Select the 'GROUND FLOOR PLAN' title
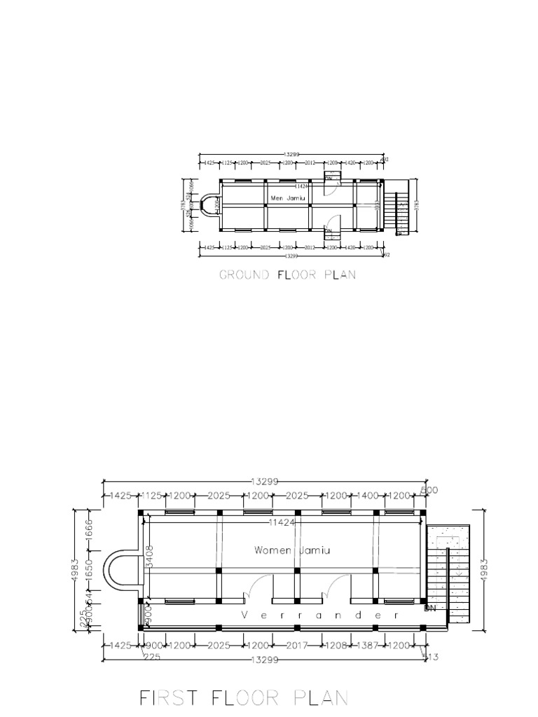click(x=287, y=275)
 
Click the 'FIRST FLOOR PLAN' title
click(x=244, y=698)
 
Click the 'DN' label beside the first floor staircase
click(x=430, y=609)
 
